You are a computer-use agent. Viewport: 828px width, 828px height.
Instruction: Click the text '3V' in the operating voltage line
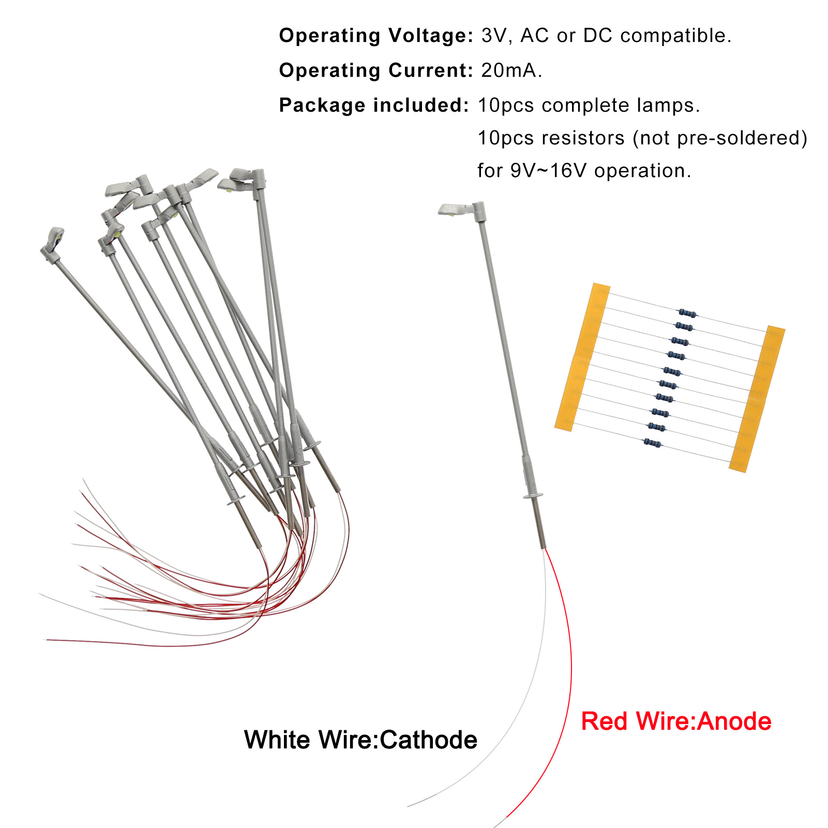click(494, 36)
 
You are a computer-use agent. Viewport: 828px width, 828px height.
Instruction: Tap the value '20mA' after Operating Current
click(509, 70)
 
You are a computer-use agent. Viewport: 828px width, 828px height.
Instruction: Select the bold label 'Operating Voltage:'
click(375, 36)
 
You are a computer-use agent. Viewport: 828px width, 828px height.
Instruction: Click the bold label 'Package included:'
click(373, 105)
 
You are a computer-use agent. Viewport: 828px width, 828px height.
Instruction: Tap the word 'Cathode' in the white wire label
click(428, 740)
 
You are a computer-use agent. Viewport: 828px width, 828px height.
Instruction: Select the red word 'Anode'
click(734, 721)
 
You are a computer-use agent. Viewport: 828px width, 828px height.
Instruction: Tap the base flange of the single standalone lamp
click(533, 496)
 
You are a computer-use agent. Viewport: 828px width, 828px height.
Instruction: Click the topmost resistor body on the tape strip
click(687, 313)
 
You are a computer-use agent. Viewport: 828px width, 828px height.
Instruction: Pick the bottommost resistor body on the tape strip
click(653, 442)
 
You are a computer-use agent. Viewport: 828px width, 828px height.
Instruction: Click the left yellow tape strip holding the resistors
click(582, 357)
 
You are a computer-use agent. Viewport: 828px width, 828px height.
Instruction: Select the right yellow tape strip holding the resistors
click(757, 398)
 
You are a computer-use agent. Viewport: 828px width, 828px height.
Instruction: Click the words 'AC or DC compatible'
click(625, 36)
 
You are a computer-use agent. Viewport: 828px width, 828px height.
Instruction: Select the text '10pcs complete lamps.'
click(589, 105)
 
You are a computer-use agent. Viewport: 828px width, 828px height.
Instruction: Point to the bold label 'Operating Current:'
click(375, 70)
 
